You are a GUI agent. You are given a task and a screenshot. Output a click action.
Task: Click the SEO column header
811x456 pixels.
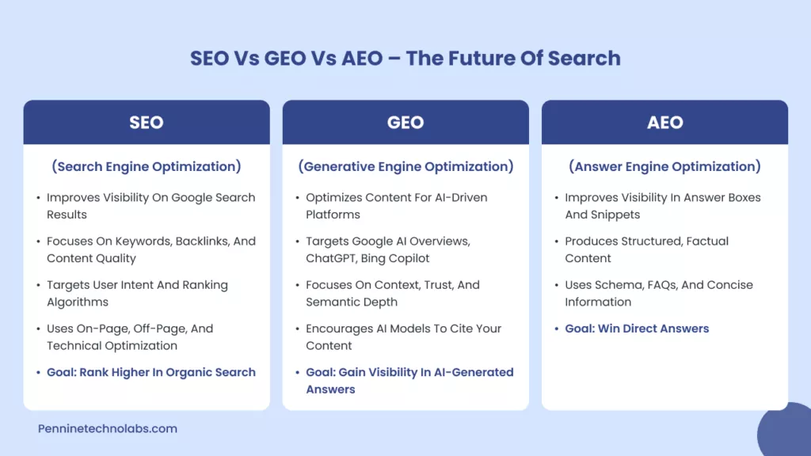point(147,123)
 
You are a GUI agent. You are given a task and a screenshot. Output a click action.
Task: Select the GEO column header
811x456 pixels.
point(405,123)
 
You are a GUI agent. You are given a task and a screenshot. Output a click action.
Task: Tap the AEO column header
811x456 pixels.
point(664,123)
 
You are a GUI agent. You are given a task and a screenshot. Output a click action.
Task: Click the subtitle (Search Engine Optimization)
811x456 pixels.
point(147,166)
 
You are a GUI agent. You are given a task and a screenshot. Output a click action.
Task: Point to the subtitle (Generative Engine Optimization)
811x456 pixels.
point(405,166)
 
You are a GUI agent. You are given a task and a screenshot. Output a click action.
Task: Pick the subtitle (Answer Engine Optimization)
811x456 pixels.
point(664,166)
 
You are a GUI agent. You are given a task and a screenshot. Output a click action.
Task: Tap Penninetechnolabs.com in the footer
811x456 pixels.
point(108,428)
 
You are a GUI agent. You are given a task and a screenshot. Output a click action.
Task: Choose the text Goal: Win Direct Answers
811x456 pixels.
point(637,329)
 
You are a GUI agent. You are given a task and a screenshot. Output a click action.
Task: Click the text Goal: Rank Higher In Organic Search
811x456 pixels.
point(151,372)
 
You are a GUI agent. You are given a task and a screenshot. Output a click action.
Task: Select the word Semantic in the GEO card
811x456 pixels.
point(333,302)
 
